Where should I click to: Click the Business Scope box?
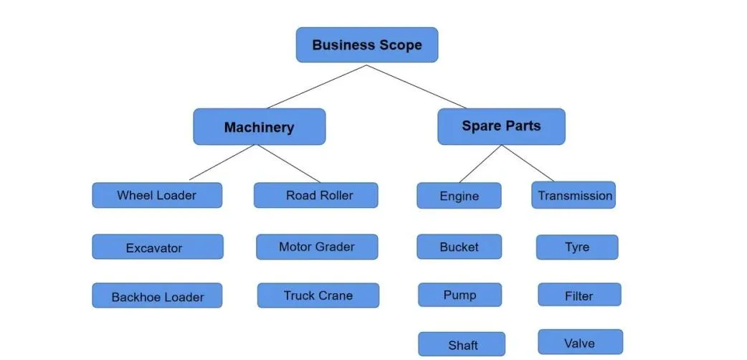366,45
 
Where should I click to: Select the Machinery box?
259,127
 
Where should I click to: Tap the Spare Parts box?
501,126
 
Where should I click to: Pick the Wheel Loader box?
156,195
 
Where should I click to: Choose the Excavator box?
157,247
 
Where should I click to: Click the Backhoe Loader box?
157,296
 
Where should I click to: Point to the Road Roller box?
315,195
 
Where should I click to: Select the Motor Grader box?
317,247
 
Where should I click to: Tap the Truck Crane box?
318,295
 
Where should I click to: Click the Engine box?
459,196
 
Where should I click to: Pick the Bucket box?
459,247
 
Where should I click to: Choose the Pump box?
460,295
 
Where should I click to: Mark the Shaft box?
462,344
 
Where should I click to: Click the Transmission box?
573,195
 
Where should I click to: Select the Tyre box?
576,247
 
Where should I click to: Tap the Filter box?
579,295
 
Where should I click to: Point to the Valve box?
580,342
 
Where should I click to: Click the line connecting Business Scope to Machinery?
317,87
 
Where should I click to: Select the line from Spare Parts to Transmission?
528,164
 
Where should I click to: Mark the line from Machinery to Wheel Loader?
222,163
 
